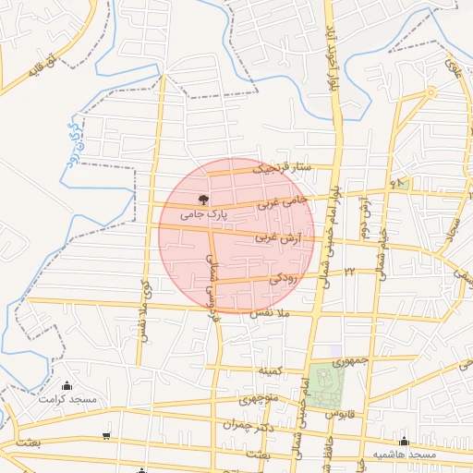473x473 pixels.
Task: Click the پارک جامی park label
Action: point(202,214)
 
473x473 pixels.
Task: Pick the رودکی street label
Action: point(283,276)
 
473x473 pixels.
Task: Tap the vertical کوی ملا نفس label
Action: point(145,314)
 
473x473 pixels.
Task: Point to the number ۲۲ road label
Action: point(350,272)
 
